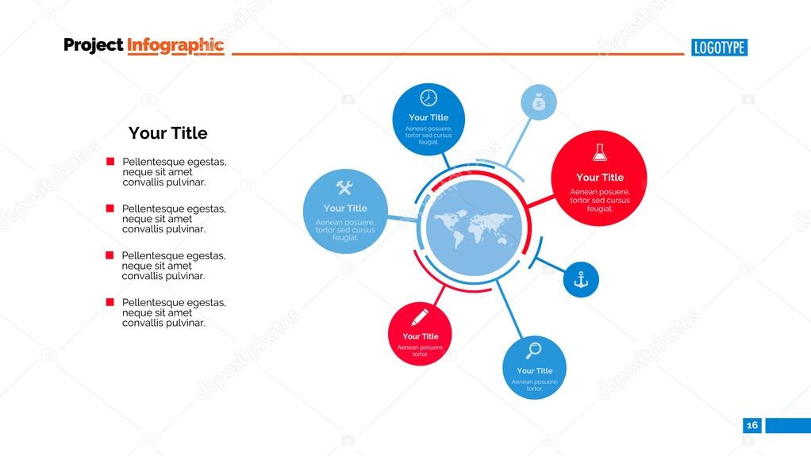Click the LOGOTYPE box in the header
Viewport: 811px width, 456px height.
(720, 48)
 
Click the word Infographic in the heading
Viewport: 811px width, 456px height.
(175, 45)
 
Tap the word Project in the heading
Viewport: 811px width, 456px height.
(94, 45)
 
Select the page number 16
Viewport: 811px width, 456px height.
(752, 425)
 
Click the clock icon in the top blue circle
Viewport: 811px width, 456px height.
(429, 98)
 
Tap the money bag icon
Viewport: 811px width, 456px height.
(538, 102)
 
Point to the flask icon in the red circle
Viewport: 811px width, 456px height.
(600, 152)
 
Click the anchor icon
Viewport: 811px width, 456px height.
(581, 279)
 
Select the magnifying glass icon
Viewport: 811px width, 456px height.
(534, 350)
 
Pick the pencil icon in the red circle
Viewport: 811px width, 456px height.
(419, 316)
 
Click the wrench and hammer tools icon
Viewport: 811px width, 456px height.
(344, 188)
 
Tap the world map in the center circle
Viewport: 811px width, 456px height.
(474, 228)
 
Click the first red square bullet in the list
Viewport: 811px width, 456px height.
(110, 162)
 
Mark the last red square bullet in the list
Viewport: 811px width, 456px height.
(110, 302)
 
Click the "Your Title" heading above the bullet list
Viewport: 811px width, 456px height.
(167, 133)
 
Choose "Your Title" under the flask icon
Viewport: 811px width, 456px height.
(600, 178)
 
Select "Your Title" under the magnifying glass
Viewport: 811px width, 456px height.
(534, 370)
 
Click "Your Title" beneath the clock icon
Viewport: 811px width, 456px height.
(429, 117)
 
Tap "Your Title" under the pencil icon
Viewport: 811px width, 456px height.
(420, 336)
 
